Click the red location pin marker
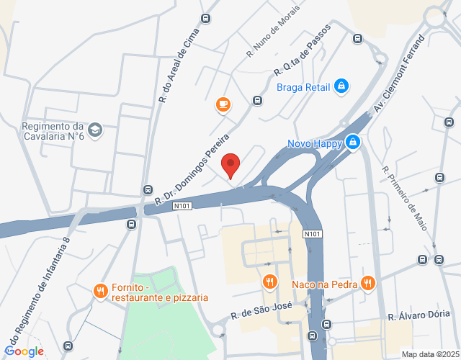(230, 166)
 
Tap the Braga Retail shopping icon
(341, 88)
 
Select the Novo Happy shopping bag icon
(352, 143)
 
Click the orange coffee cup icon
(223, 105)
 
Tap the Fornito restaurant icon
(100, 291)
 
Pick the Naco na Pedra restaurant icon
(368, 284)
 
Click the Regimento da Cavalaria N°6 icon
(96, 130)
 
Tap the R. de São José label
(261, 310)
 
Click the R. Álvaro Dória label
(419, 315)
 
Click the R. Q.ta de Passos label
(302, 50)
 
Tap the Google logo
(24, 351)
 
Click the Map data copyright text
(430, 354)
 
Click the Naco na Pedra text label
(326, 284)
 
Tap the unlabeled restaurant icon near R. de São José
(269, 282)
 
